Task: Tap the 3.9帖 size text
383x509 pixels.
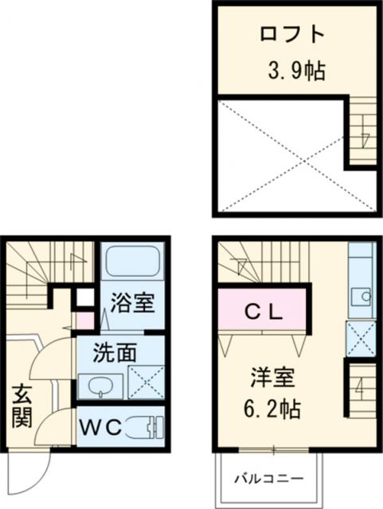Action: (296, 71)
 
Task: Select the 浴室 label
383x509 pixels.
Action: (132, 302)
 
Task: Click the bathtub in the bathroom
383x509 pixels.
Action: (133, 261)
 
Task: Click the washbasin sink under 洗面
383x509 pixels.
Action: (101, 387)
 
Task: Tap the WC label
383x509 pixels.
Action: (100, 428)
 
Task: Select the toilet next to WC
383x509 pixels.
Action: (146, 427)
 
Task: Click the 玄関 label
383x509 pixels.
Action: (21, 406)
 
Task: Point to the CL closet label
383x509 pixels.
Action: (263, 313)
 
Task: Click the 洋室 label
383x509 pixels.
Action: (272, 378)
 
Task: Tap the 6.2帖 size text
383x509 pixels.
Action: (272, 410)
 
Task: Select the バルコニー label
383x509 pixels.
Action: (269, 478)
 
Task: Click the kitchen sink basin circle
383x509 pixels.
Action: (366, 296)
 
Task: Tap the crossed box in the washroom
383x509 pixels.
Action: (147, 382)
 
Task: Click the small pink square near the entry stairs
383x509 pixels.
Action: (84, 321)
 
